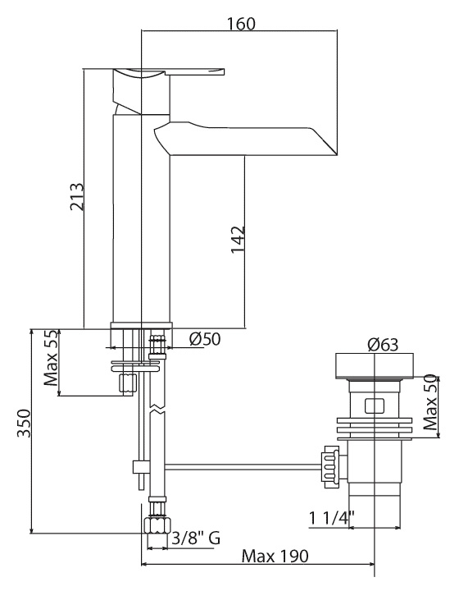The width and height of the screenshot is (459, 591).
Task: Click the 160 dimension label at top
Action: click(241, 24)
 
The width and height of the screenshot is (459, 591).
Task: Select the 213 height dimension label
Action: click(77, 196)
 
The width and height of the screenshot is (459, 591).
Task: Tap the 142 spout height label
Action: click(239, 240)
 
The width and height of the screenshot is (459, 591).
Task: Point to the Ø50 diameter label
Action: click(205, 339)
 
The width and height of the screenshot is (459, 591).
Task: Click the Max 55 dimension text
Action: click(51, 358)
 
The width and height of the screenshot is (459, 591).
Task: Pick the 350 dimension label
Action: click(23, 423)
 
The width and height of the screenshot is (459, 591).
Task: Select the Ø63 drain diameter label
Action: click(383, 344)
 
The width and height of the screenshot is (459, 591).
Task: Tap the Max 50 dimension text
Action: click(430, 402)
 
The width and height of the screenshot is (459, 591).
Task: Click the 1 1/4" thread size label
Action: click(331, 517)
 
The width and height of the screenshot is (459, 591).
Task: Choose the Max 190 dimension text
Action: click(275, 556)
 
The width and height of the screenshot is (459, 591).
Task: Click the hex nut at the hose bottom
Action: click(157, 525)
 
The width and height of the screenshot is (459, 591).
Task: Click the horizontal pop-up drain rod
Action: click(243, 467)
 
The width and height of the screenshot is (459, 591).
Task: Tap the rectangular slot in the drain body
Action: click(374, 406)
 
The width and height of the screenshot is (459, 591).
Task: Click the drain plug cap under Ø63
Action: click(374, 365)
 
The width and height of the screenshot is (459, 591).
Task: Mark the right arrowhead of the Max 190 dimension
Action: click(371, 564)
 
